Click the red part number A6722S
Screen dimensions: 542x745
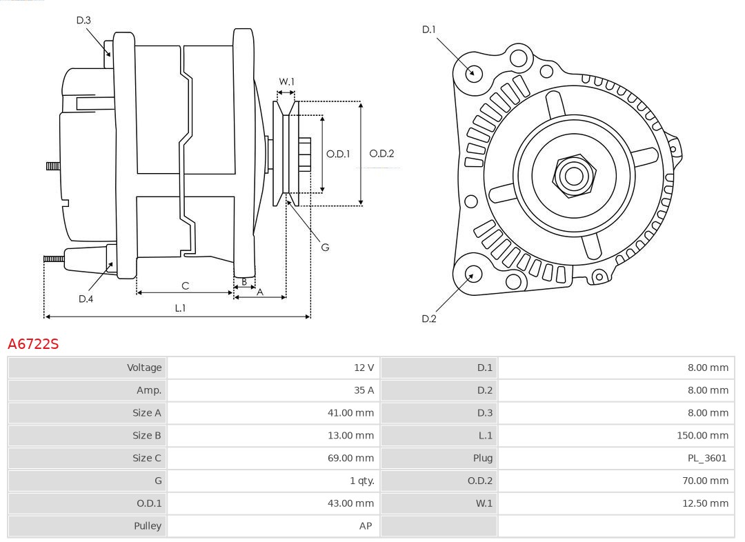(x=33, y=343)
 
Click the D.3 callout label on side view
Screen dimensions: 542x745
(x=83, y=21)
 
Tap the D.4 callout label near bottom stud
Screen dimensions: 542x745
(x=86, y=299)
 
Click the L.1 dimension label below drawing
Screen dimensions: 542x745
(x=179, y=308)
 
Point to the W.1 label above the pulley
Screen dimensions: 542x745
(x=286, y=82)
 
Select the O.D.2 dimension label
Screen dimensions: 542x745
(x=381, y=154)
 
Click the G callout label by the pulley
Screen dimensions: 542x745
(x=325, y=247)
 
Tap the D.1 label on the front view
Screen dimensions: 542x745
(x=428, y=30)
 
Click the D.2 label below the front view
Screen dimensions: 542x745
(x=428, y=319)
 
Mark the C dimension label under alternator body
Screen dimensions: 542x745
(x=185, y=285)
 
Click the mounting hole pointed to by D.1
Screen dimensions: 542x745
(x=473, y=72)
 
